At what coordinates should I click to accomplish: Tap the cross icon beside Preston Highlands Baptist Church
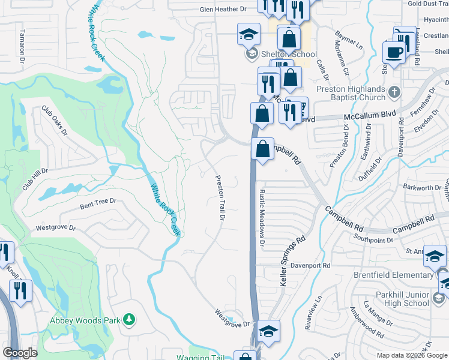(x=394, y=92)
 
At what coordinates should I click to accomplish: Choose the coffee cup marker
(x=394, y=52)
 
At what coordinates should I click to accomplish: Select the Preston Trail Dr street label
(x=220, y=198)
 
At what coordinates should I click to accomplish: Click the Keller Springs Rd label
(x=292, y=260)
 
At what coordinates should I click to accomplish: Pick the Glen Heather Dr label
(x=223, y=9)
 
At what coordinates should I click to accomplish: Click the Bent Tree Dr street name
(x=97, y=203)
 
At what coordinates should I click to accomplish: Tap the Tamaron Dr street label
(x=22, y=47)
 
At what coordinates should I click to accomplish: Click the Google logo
(x=20, y=353)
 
